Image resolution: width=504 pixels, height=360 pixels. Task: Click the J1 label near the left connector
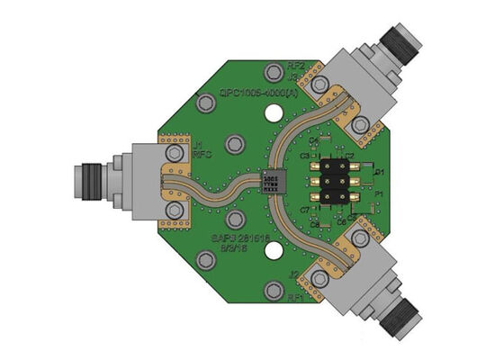(x=197, y=144)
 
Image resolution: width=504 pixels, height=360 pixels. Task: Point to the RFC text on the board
(x=201, y=155)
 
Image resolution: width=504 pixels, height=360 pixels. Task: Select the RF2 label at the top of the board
(x=295, y=66)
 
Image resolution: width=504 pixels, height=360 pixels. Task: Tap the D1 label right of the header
(x=379, y=171)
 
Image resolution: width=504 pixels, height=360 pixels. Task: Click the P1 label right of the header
(x=379, y=193)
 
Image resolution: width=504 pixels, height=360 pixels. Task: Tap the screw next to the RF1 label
(x=273, y=292)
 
